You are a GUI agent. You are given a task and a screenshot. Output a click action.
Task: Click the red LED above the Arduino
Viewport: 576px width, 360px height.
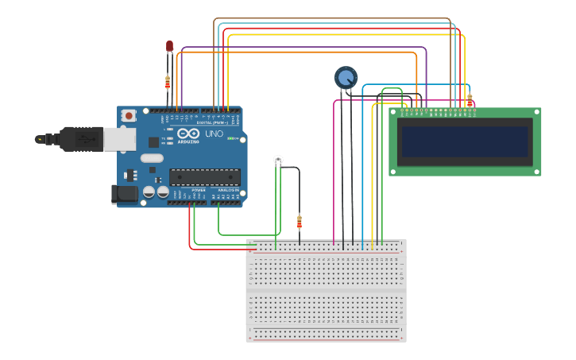click(x=169, y=47)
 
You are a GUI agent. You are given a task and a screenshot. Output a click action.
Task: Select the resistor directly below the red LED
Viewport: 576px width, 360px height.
click(x=168, y=81)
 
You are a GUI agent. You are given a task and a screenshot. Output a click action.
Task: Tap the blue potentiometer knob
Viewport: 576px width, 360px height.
click(x=346, y=77)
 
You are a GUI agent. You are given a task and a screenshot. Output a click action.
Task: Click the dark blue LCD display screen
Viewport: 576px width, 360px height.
click(x=465, y=141)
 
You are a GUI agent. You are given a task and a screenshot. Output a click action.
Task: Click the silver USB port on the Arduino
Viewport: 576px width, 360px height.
click(x=119, y=139)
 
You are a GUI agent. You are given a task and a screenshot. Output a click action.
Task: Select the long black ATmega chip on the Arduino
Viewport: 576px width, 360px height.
click(x=204, y=176)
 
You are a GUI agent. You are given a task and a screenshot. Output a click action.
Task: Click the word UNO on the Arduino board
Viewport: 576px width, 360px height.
click(x=215, y=134)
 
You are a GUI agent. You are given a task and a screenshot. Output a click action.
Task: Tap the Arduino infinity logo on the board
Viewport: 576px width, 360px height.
click(x=188, y=134)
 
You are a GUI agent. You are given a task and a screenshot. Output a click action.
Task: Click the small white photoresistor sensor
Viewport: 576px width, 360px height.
click(x=278, y=160)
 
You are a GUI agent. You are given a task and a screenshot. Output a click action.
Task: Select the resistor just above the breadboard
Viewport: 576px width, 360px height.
click(x=300, y=222)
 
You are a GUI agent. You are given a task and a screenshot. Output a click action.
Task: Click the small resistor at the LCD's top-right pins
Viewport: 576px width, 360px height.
click(x=470, y=100)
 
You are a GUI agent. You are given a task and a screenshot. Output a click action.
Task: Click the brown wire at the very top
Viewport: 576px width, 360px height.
click(x=334, y=18)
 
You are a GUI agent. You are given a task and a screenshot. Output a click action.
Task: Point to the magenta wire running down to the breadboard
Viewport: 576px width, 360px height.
click(x=334, y=175)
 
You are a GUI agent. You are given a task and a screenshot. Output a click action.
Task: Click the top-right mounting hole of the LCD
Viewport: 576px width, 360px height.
click(x=536, y=113)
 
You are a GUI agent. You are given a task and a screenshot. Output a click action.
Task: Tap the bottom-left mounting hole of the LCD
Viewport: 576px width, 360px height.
click(x=393, y=170)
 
